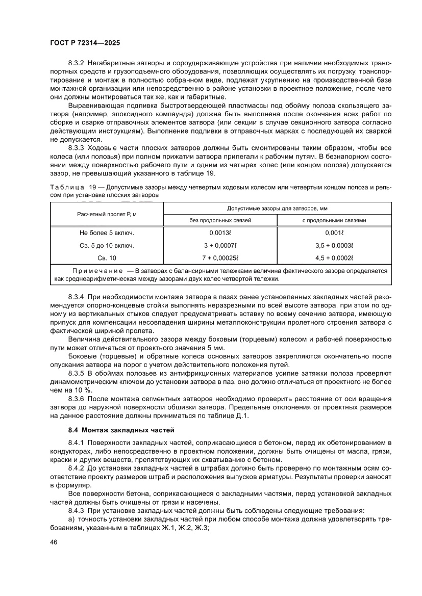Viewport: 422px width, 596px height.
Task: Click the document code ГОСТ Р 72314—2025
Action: point(84,43)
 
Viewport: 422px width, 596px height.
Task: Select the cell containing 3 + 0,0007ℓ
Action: point(220,245)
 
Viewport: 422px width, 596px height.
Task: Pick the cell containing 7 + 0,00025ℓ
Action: point(220,257)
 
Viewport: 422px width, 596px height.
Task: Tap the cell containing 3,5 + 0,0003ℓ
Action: point(334,245)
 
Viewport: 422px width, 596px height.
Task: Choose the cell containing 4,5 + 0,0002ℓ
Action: point(334,257)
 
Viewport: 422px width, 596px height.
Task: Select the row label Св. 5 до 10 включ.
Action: point(107,245)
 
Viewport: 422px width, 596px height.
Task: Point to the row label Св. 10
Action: point(107,257)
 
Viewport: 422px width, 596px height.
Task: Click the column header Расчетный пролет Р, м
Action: point(107,214)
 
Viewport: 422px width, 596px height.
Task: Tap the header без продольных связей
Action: point(220,220)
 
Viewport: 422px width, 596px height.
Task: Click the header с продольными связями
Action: point(334,220)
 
